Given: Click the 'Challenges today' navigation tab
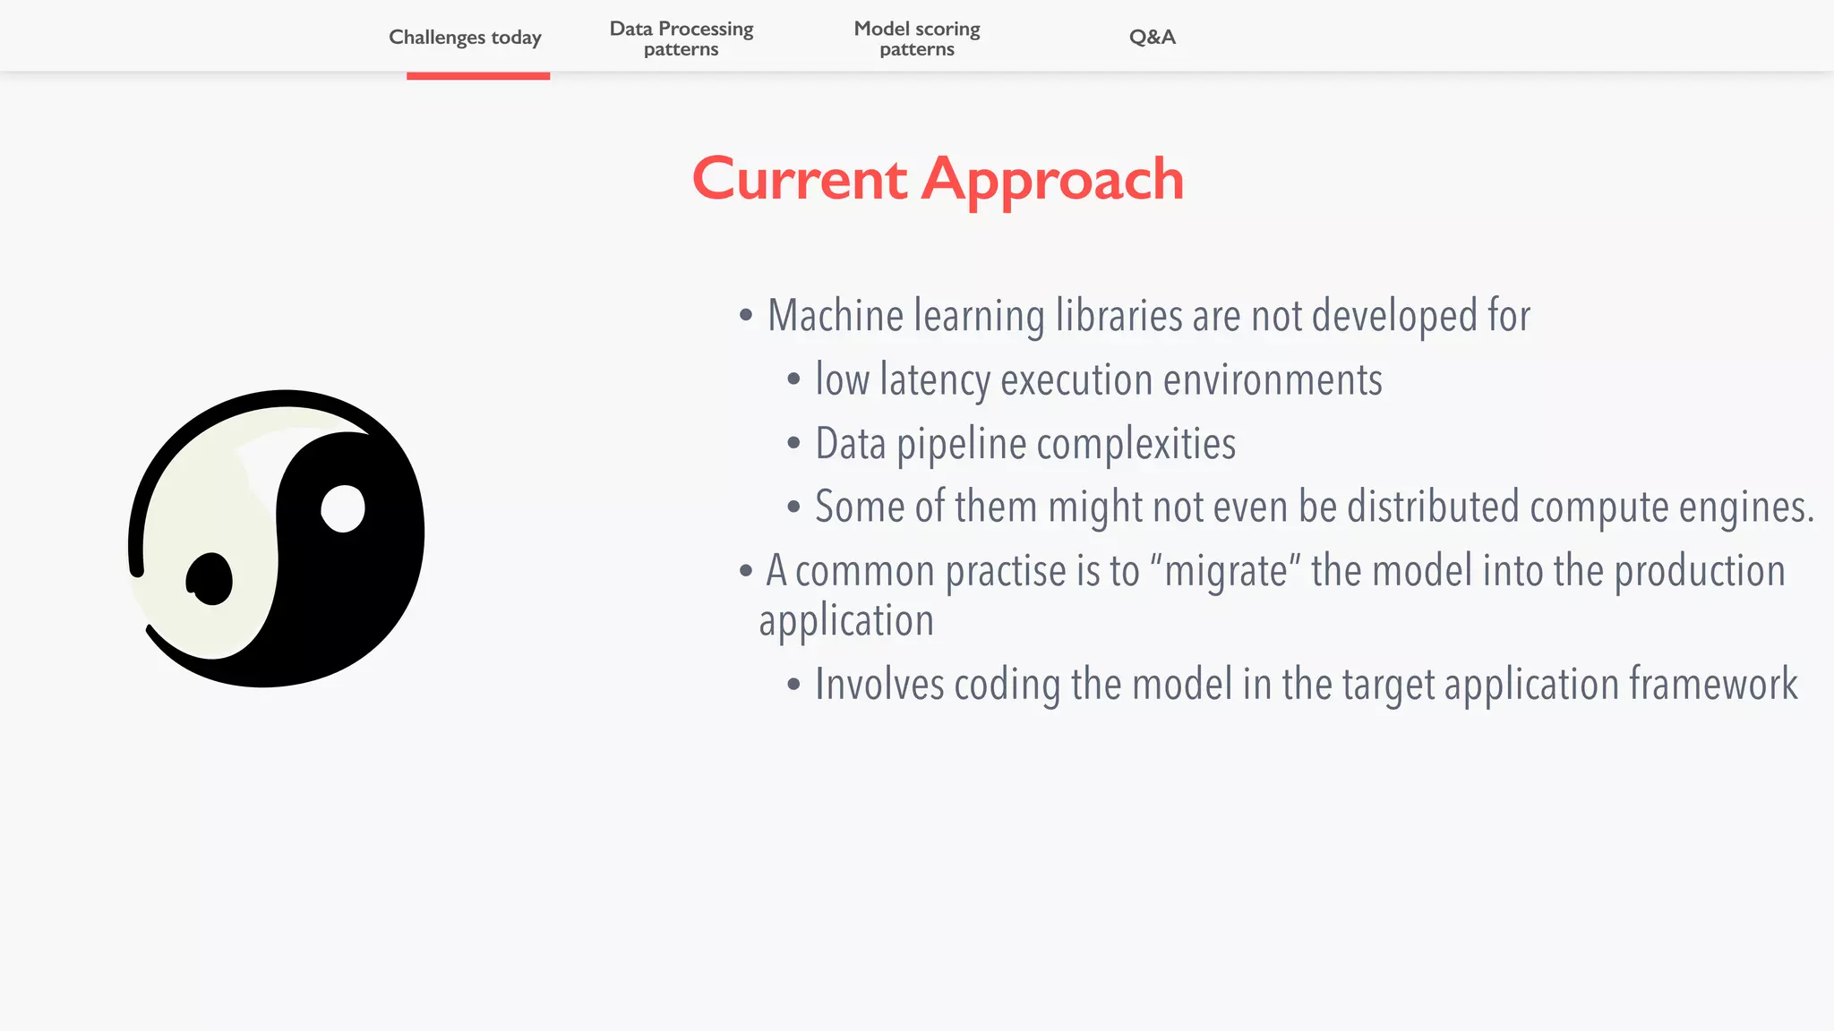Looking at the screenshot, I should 465,38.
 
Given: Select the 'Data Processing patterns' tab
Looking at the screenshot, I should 681,38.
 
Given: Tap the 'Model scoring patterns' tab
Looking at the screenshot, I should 916,38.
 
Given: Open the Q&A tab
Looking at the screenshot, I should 1152,38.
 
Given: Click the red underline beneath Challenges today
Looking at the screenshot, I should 477,76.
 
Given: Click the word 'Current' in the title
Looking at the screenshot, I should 800,179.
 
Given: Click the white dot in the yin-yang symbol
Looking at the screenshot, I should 343,509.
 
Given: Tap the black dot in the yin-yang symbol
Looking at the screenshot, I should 210,579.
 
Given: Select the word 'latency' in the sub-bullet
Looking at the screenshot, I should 935,380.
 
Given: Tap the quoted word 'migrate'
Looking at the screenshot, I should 1224,571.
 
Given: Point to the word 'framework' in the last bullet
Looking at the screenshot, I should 1712,685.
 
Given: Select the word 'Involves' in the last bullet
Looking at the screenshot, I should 878,685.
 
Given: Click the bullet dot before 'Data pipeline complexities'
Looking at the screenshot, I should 793,443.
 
